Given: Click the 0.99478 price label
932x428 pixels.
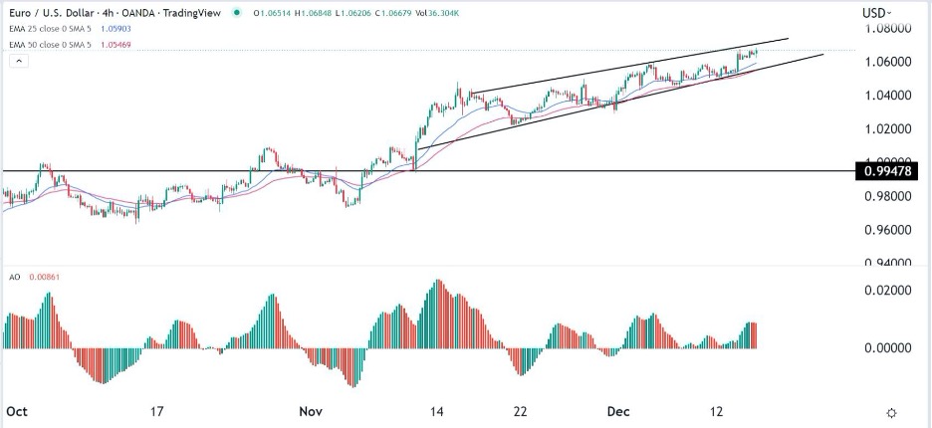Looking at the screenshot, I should (892, 171).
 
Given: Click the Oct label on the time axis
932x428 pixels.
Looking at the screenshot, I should (17, 410).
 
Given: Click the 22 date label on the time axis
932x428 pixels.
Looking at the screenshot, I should (519, 410).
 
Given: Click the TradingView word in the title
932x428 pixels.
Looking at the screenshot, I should (195, 13).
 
